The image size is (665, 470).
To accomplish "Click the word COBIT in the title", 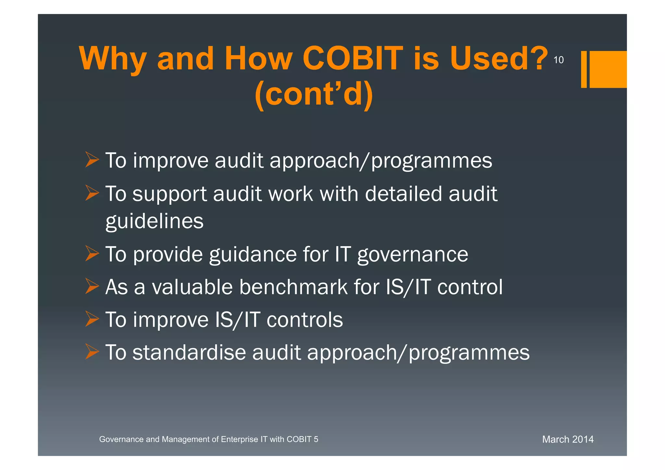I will click(x=353, y=58).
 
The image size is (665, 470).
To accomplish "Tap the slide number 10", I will click(x=558, y=60).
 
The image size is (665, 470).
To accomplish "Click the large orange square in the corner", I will click(x=608, y=69).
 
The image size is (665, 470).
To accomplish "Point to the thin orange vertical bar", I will click(x=584, y=69).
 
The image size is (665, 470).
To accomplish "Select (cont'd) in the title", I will click(x=314, y=94).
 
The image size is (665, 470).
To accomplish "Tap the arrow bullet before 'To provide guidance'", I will click(x=92, y=254).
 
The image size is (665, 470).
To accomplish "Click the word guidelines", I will click(x=155, y=222).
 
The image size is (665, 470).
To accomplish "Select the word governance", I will click(x=413, y=255).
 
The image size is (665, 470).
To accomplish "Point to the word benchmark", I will click(x=294, y=287).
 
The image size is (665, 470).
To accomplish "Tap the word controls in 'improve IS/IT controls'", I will click(x=305, y=320).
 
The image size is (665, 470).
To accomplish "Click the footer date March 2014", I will click(x=568, y=439).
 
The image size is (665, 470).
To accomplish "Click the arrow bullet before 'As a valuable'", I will click(x=92, y=286).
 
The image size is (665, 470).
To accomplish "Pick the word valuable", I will click(x=192, y=287).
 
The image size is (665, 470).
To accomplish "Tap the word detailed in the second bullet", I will click(x=404, y=194).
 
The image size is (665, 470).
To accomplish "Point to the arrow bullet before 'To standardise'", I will click(x=92, y=352).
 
